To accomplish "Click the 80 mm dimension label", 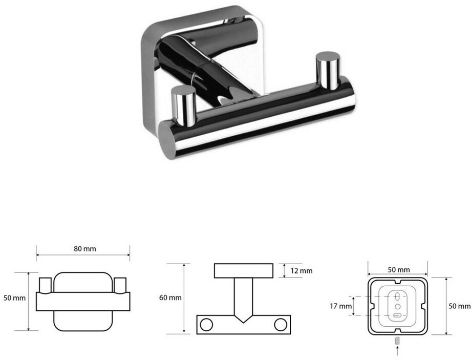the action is (85, 249).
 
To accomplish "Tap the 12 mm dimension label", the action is (302, 271).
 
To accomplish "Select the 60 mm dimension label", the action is (170, 298).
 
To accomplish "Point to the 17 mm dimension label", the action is (341, 306).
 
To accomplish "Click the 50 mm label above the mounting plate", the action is (399, 270).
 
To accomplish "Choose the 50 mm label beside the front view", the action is (14, 298).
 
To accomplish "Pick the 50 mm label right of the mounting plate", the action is (459, 306).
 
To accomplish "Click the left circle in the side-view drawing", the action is (206, 325).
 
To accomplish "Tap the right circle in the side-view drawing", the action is (281, 325).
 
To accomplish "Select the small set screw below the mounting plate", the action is (398, 342).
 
